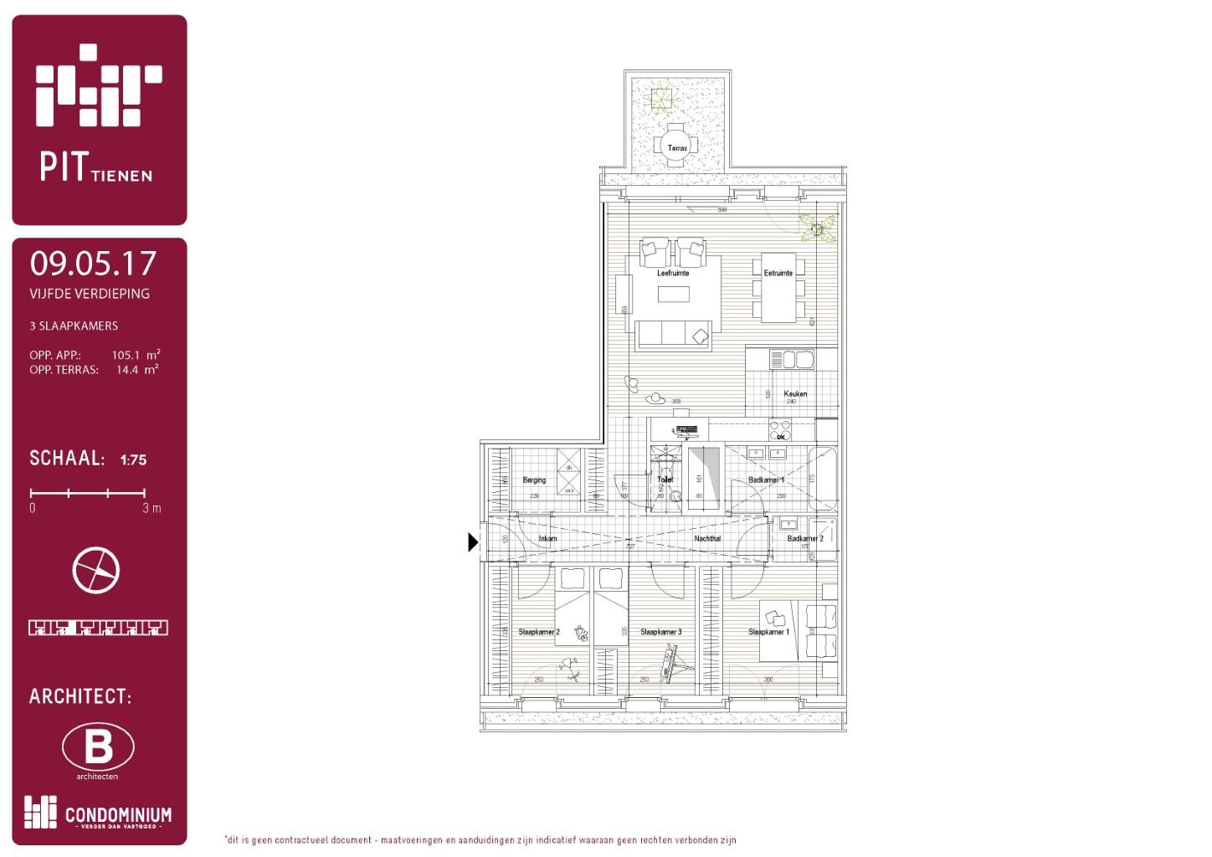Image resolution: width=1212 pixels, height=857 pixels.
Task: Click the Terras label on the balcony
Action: point(677,148)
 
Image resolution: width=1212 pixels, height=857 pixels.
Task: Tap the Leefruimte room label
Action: point(673,273)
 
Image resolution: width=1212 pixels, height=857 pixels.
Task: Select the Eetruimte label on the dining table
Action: point(778,273)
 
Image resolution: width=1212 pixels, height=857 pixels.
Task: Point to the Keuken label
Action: point(795,393)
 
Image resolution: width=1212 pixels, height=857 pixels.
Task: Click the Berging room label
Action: point(534,480)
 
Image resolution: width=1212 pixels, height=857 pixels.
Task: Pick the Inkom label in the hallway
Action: point(547,539)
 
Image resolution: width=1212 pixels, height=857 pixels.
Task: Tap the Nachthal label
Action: point(707,539)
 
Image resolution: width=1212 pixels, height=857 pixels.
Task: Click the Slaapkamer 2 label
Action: point(538,632)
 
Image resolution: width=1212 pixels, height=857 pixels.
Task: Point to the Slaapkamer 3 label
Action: point(660,632)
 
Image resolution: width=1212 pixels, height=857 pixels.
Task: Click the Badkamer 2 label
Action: point(805,539)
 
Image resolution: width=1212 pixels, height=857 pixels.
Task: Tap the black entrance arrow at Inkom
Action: point(473,542)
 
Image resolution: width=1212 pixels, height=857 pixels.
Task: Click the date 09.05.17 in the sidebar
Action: point(93,264)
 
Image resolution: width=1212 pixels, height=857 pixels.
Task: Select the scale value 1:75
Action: point(133,459)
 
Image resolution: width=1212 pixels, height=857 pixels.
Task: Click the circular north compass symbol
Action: point(96,571)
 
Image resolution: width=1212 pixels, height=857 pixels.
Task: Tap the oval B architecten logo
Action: point(98,747)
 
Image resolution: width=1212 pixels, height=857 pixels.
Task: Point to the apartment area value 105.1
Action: point(126,355)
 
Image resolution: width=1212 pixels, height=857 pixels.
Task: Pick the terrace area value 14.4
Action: point(127,370)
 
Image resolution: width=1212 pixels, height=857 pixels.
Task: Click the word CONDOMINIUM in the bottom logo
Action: point(118,814)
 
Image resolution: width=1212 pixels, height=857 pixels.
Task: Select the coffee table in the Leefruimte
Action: point(673,294)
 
